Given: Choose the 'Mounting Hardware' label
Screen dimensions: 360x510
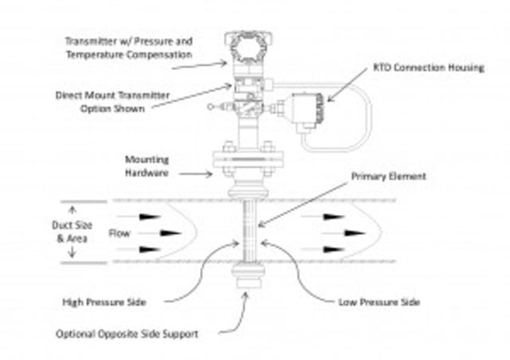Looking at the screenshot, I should click(x=147, y=165).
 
